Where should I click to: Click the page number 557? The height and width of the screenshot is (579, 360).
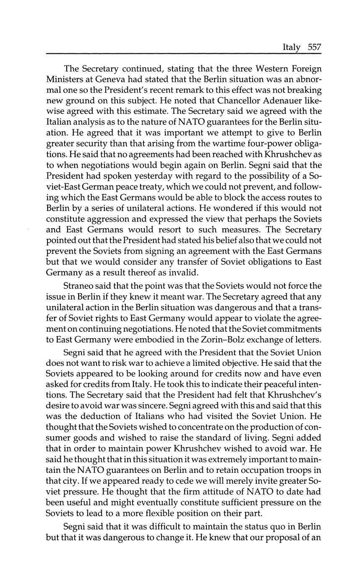[314, 47]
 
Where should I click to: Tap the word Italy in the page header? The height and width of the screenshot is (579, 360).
[292, 47]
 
